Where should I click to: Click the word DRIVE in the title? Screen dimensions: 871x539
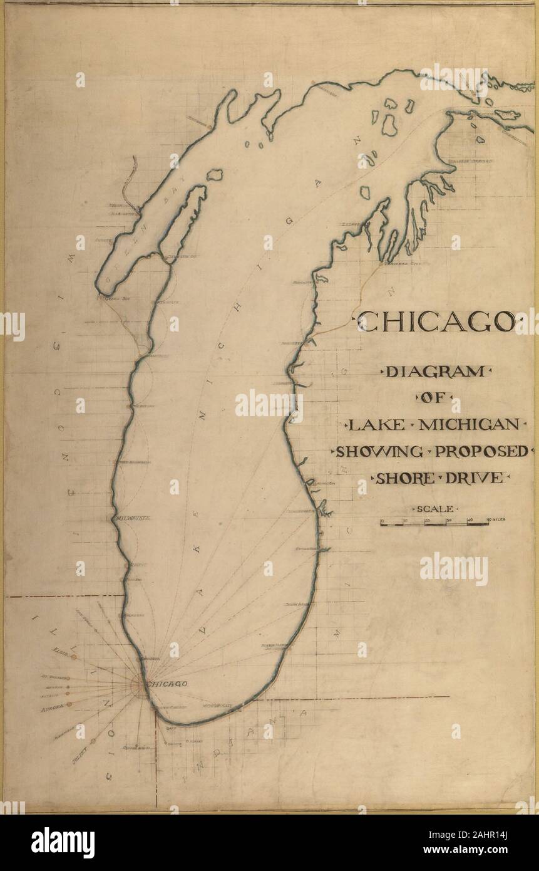[475, 478]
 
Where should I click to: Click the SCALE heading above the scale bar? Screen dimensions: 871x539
[434, 508]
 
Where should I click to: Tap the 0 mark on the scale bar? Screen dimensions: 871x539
[381, 519]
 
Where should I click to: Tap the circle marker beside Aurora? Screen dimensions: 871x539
[69, 704]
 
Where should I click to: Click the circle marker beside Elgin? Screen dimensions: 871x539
[74, 657]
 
